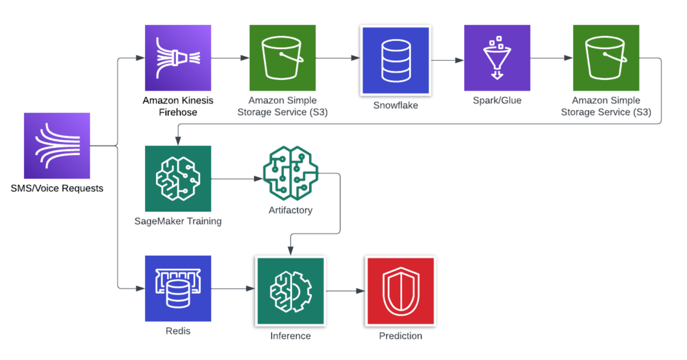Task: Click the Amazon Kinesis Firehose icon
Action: pyautogui.click(x=178, y=58)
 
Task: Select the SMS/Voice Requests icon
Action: pyautogui.click(x=57, y=146)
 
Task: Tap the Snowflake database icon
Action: pyautogui.click(x=396, y=60)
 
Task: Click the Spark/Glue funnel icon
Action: pyautogui.click(x=497, y=58)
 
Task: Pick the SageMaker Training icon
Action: pyautogui.click(x=178, y=179)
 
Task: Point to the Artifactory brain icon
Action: pyautogui.click(x=291, y=173)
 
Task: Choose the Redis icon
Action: pyautogui.click(x=178, y=288)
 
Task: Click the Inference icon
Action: pyautogui.click(x=291, y=291)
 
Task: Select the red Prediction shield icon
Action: pyautogui.click(x=401, y=291)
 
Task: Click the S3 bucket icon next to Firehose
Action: pyautogui.click(x=283, y=58)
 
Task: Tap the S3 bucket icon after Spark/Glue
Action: pyautogui.click(x=606, y=58)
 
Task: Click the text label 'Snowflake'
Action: pyautogui.click(x=396, y=105)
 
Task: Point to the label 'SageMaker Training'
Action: pyautogui.click(x=178, y=221)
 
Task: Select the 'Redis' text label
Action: pyautogui.click(x=178, y=331)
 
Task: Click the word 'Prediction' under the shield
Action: pyautogui.click(x=401, y=336)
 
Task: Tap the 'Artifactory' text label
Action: pyautogui.click(x=291, y=210)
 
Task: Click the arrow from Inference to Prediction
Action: pyautogui.click(x=345, y=291)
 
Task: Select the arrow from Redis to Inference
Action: pyautogui.click(x=233, y=288)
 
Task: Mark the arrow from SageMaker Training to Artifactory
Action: pyautogui.click(x=237, y=179)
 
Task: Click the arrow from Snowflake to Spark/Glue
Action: pyautogui.click(x=447, y=60)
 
